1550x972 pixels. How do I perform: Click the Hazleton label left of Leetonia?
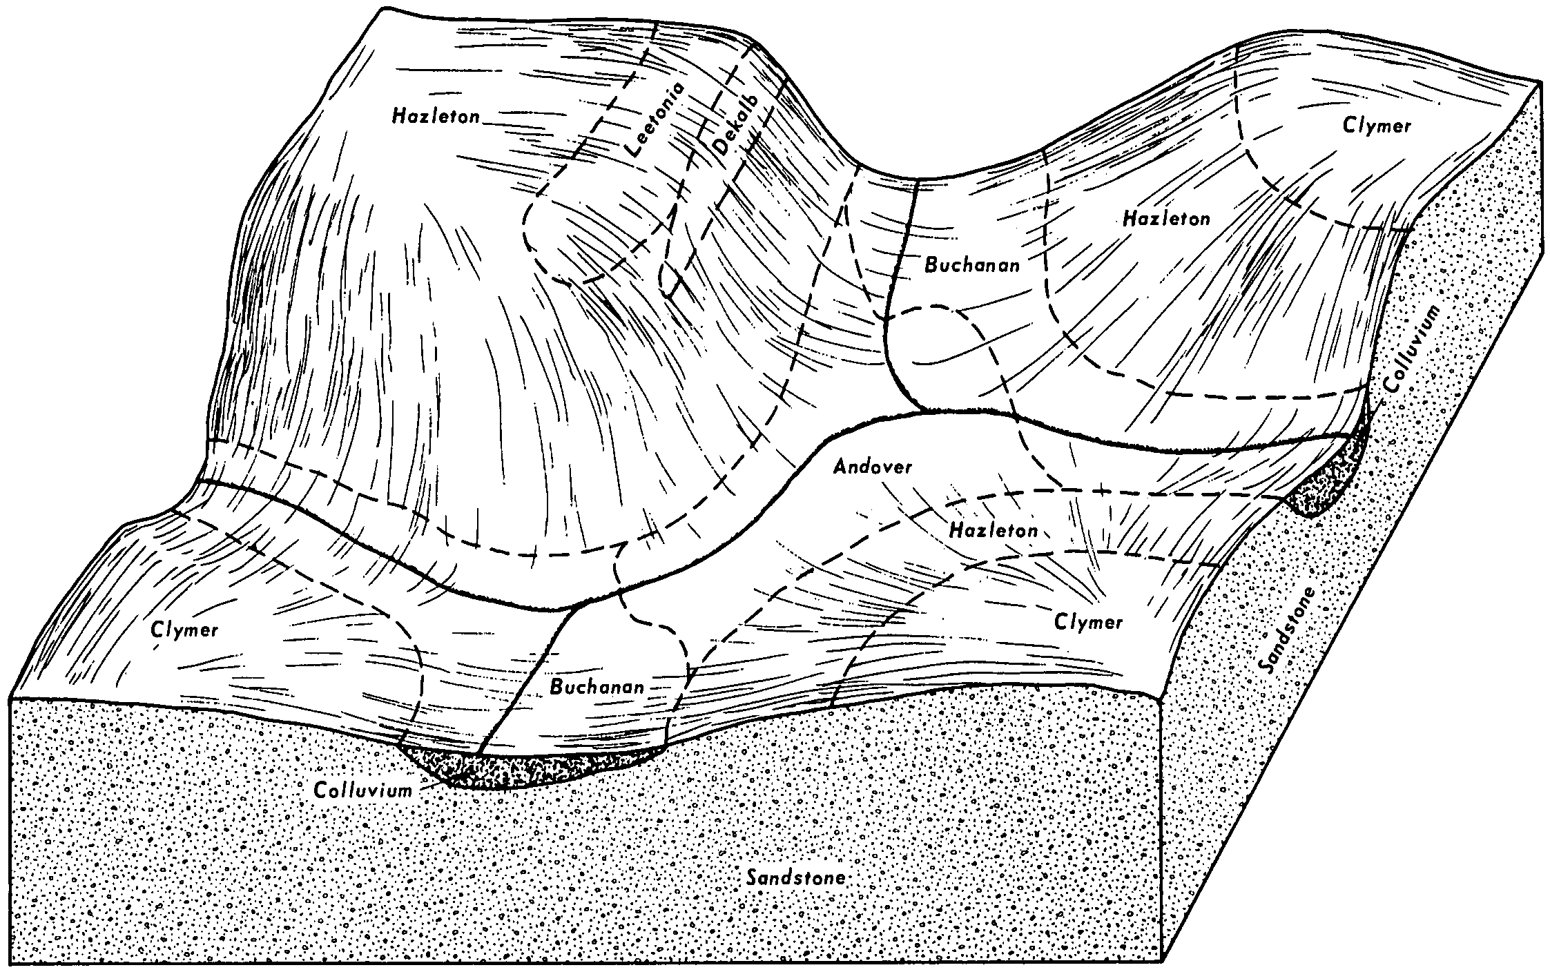tap(435, 115)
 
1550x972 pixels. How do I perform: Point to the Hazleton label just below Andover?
tap(994, 530)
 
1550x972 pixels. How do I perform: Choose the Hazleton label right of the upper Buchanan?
tap(1166, 219)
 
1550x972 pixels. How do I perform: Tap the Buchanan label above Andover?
tap(971, 265)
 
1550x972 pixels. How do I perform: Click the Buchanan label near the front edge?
tap(597, 687)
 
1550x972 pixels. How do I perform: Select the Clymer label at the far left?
tap(184, 630)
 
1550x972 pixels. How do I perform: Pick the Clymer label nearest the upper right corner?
tap(1377, 126)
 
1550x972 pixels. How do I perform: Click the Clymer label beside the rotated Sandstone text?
tap(1089, 622)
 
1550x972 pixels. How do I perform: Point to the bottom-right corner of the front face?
tap(1164, 961)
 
